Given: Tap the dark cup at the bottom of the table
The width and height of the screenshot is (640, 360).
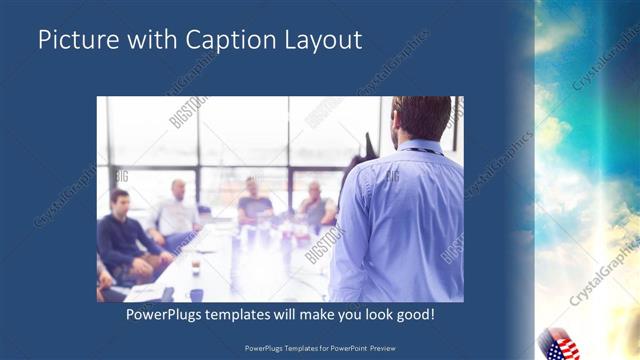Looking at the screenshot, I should coord(196,295).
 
